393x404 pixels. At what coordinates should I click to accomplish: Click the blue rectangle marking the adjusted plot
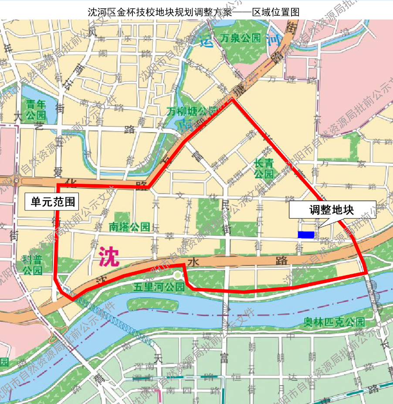click(x=306, y=235)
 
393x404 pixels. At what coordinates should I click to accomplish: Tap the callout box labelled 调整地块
click(x=332, y=210)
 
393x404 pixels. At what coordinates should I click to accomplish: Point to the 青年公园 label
click(x=36, y=110)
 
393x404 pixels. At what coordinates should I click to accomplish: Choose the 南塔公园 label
click(x=129, y=227)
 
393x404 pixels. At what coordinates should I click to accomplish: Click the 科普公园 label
click(x=33, y=265)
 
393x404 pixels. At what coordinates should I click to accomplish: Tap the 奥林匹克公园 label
click(x=334, y=323)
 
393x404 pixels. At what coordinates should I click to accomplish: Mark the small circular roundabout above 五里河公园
click(x=177, y=275)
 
